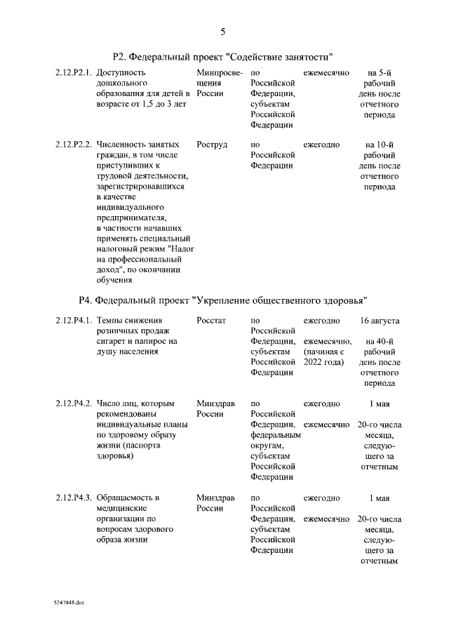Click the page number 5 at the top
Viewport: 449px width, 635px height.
(x=223, y=31)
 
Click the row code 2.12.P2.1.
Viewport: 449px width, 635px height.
(x=74, y=72)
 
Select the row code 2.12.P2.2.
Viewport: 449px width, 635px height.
(x=74, y=145)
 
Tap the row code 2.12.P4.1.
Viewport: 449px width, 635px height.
(x=74, y=321)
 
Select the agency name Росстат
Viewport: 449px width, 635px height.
(x=212, y=321)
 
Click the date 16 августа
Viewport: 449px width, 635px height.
(x=380, y=321)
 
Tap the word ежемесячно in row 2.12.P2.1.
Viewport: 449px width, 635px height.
(x=326, y=72)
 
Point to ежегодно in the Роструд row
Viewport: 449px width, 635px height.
(x=321, y=145)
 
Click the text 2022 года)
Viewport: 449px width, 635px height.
(x=324, y=362)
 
